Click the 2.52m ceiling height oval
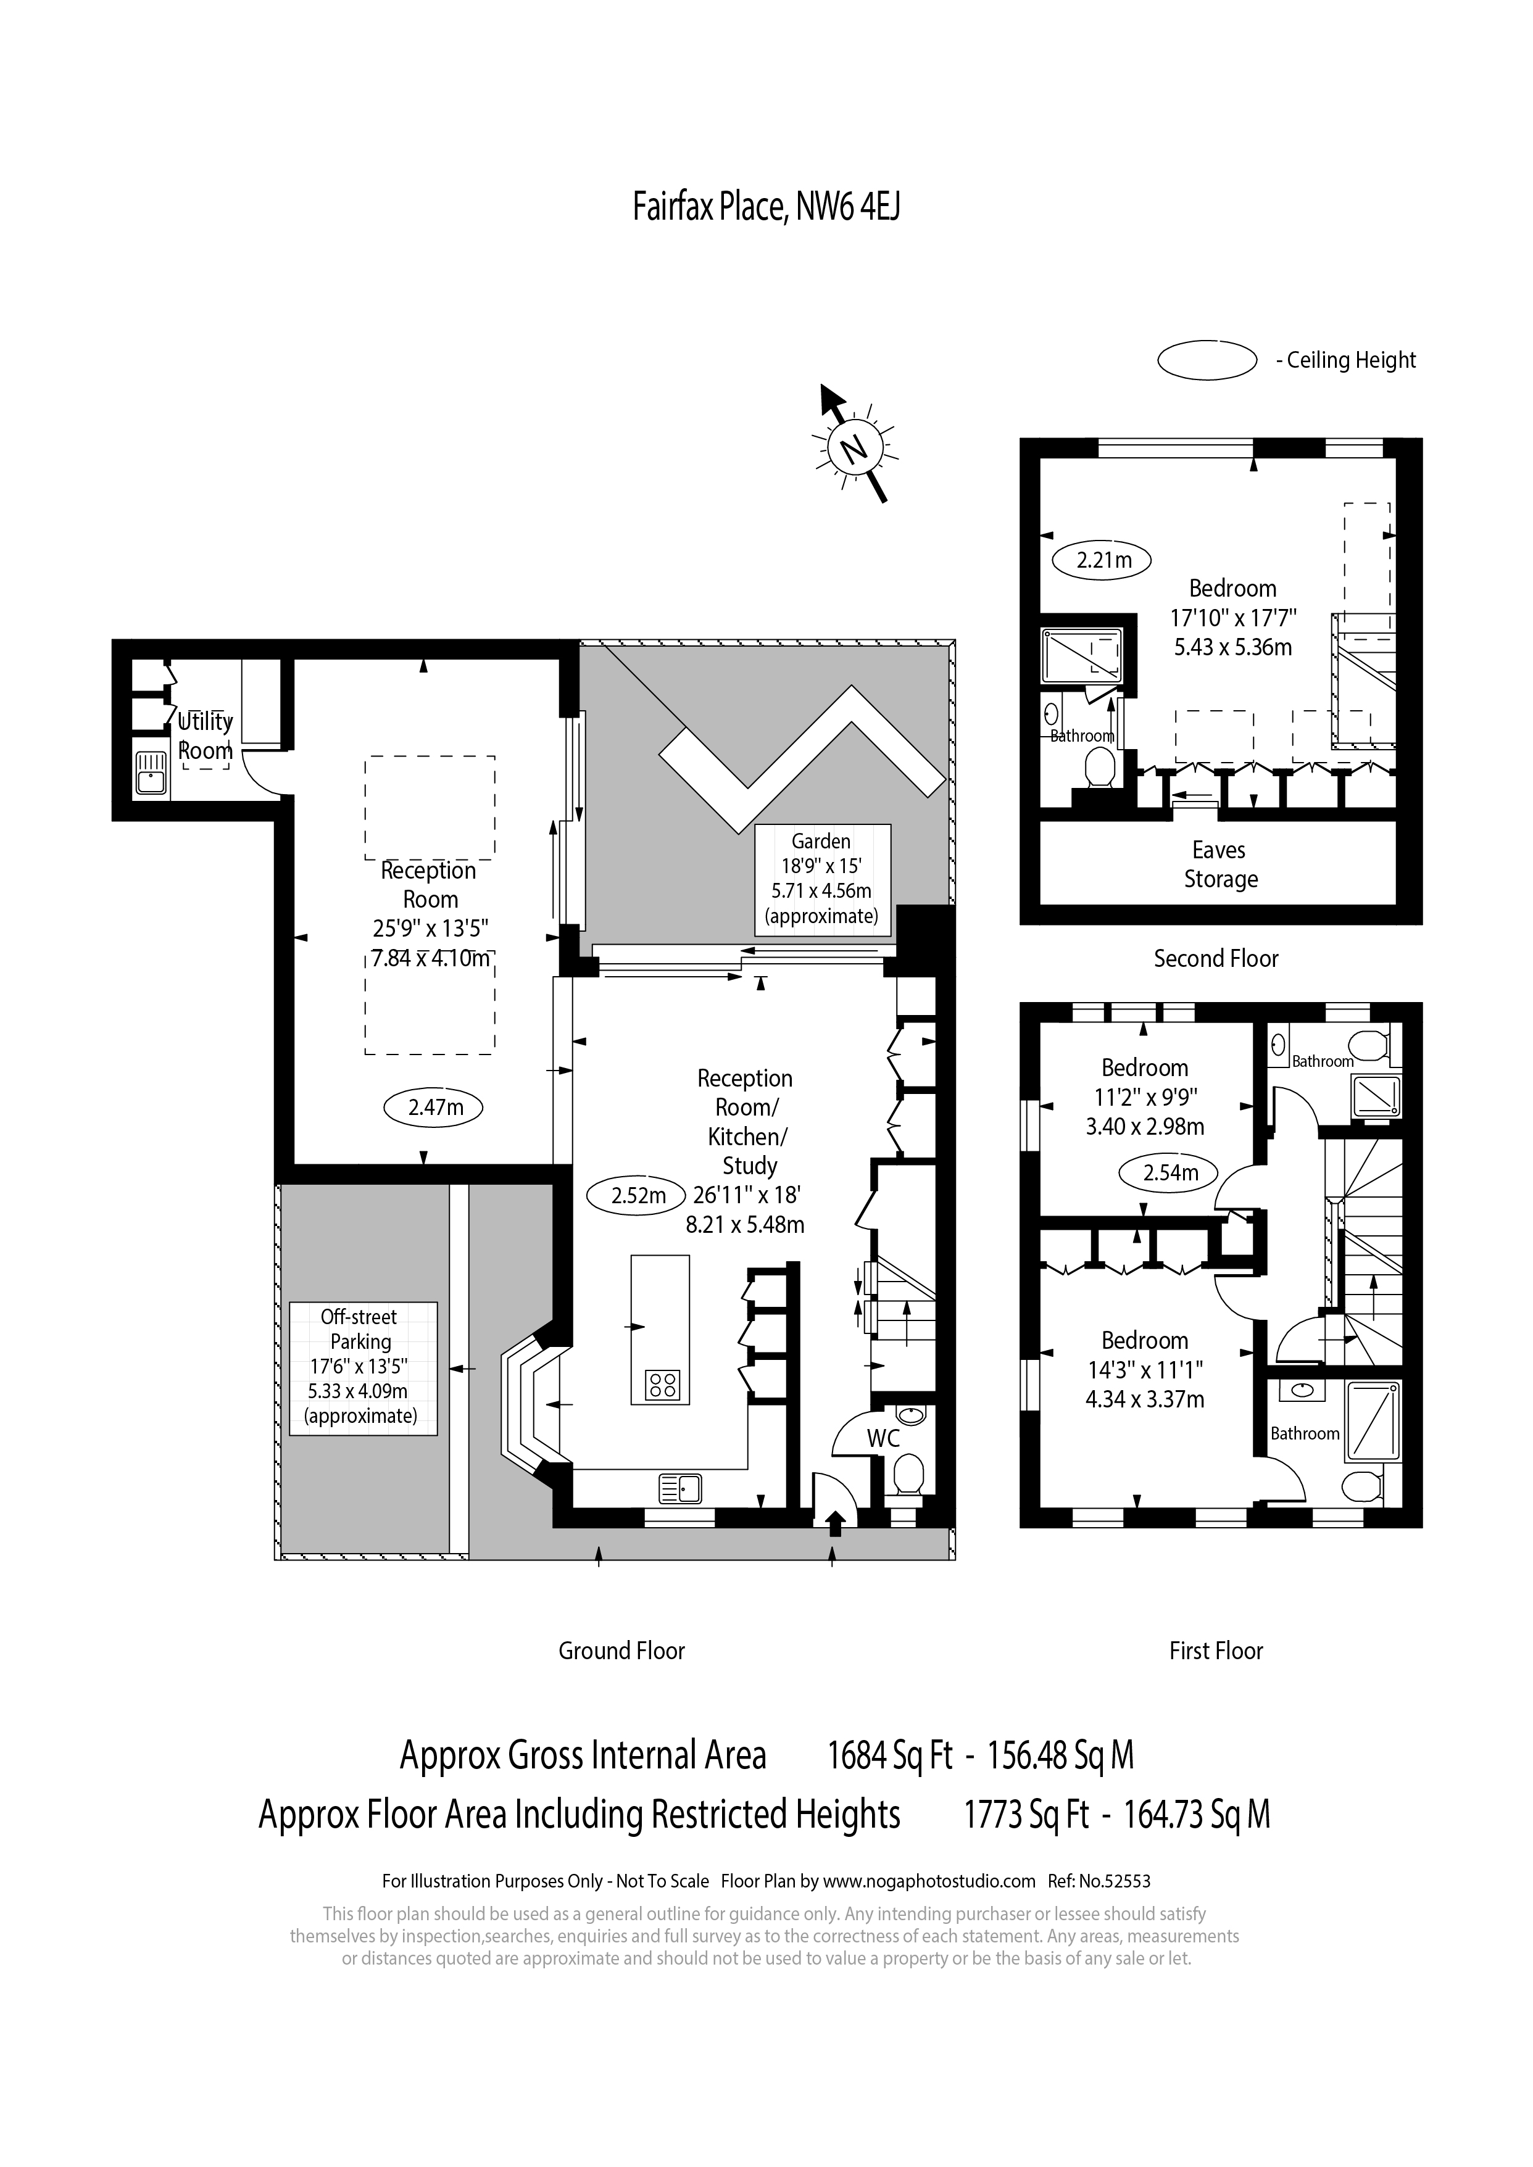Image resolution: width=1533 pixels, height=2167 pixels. click(x=638, y=1196)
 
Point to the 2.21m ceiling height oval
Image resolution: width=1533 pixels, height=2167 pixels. click(x=1103, y=560)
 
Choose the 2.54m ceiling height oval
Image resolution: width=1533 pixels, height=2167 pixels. click(x=1169, y=1173)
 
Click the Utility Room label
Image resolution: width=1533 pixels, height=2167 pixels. click(x=206, y=736)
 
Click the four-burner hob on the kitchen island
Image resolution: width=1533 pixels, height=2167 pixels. click(x=663, y=1385)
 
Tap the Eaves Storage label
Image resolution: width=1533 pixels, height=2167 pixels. click(x=1219, y=864)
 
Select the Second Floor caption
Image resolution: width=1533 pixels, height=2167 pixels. click(x=1216, y=959)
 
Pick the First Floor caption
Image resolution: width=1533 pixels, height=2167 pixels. click(x=1216, y=1650)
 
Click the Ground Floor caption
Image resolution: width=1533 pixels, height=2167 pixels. click(x=622, y=1650)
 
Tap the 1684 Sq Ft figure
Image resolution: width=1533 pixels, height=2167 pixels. click(x=890, y=1755)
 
